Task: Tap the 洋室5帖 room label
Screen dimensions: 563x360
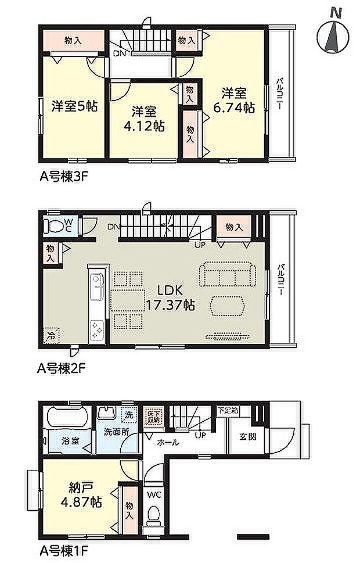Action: [x=74, y=106]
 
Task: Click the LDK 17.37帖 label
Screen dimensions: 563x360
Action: [x=170, y=296]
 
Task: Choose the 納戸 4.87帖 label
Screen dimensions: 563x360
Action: [x=80, y=493]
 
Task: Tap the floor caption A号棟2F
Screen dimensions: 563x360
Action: [x=63, y=368]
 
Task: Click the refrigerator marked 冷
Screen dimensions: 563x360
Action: [x=52, y=335]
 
